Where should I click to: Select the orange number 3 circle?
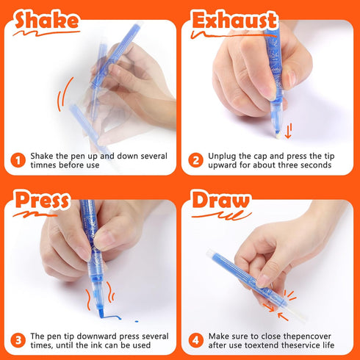point(18,341)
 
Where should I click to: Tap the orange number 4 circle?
point(195,341)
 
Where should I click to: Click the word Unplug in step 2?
point(224,156)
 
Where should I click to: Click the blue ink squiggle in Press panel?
point(109,317)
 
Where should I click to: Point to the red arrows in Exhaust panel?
point(288,132)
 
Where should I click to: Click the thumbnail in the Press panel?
point(104,240)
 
